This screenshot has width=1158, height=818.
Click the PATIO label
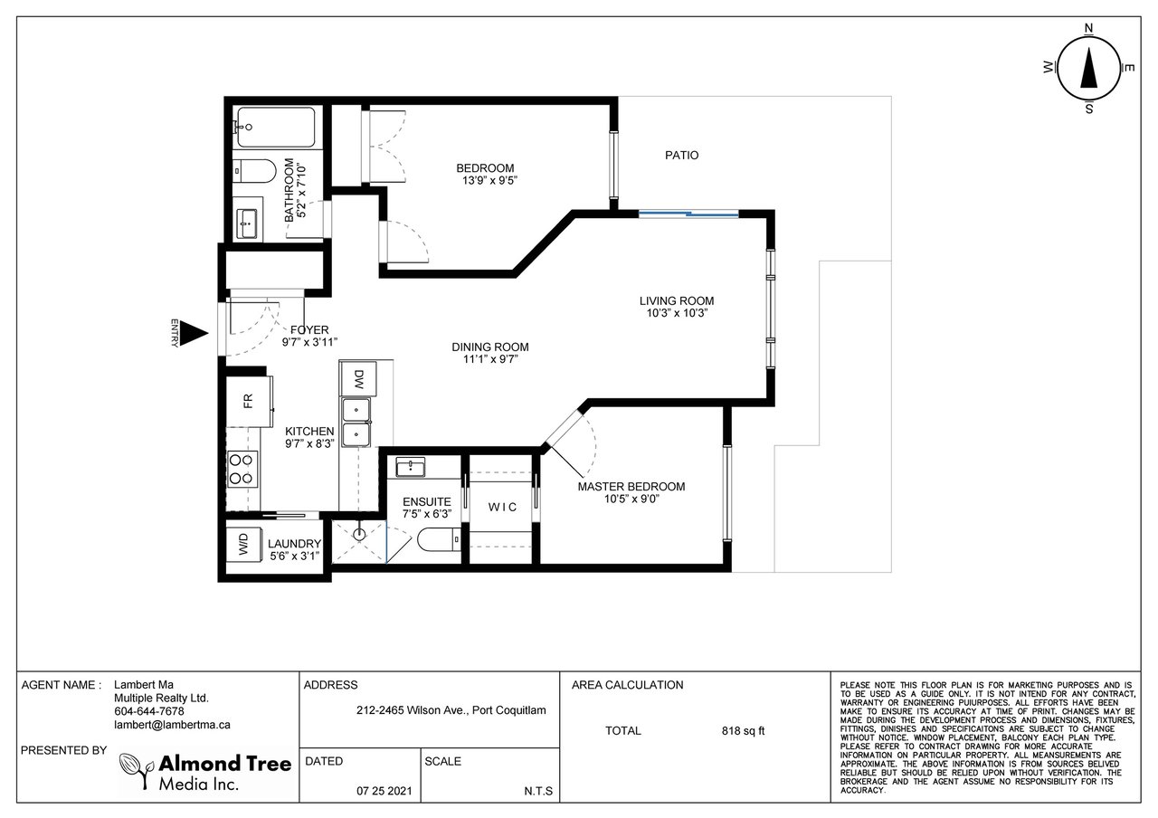(x=681, y=155)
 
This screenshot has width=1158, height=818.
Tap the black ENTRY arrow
(x=195, y=334)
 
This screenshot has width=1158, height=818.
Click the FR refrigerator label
(x=248, y=401)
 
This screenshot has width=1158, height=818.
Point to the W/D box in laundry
(x=244, y=545)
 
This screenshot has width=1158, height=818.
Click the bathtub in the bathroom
(x=276, y=128)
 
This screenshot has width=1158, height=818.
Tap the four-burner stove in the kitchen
(x=242, y=469)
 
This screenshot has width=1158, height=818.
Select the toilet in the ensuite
(x=439, y=540)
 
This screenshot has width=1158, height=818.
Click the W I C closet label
(x=502, y=508)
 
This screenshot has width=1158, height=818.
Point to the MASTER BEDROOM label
(x=631, y=487)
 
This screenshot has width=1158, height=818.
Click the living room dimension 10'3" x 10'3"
(x=677, y=313)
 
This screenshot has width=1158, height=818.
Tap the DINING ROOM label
(x=490, y=347)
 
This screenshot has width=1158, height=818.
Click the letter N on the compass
(x=1088, y=28)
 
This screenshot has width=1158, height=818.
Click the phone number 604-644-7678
(x=149, y=711)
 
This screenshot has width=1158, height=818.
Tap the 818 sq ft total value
(x=743, y=730)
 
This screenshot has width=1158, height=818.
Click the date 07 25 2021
(x=384, y=791)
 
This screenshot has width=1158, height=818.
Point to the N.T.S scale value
(x=538, y=791)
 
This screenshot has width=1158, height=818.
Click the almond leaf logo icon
(x=136, y=770)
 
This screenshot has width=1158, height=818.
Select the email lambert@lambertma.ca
(x=172, y=725)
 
